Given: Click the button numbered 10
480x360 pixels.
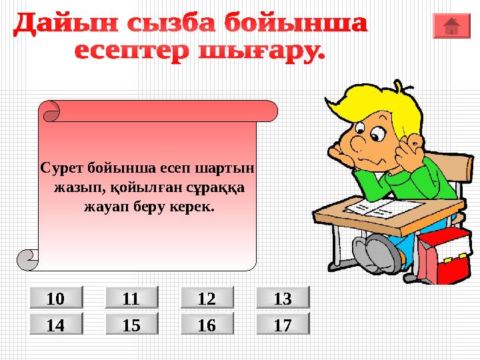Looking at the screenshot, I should pyautogui.click(x=55, y=297).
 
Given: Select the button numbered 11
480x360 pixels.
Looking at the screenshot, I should pyautogui.click(x=131, y=297).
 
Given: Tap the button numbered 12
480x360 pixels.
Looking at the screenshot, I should pyautogui.click(x=207, y=297).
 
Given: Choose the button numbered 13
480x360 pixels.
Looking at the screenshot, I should pyautogui.click(x=283, y=297).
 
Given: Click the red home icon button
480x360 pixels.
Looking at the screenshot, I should pyautogui.click(x=451, y=25).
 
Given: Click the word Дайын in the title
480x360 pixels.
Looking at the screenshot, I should pyautogui.click(x=56, y=25).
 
